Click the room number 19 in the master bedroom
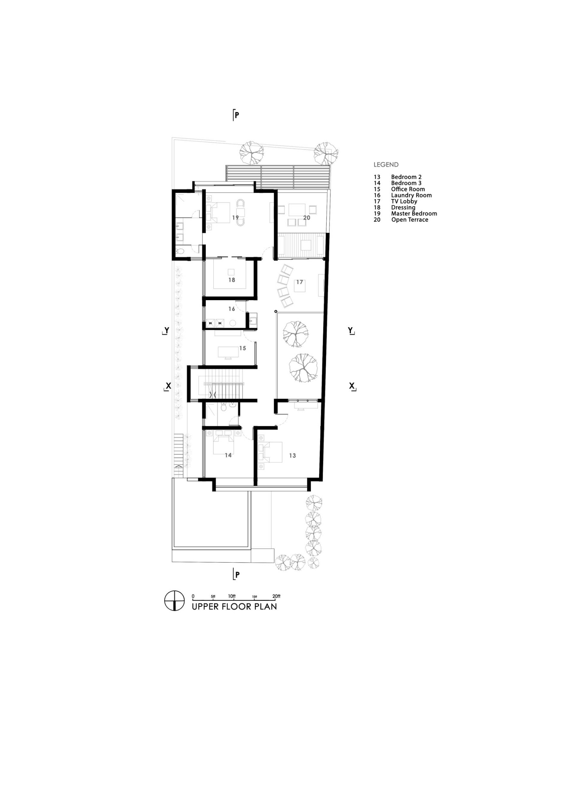click(235, 218)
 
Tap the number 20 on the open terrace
click(307, 218)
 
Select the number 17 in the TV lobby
click(300, 282)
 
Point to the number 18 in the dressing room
click(232, 280)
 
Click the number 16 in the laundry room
click(232, 309)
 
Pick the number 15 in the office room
click(242, 348)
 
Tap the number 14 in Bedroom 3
click(228, 455)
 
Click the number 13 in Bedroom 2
click(292, 456)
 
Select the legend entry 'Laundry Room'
click(411, 195)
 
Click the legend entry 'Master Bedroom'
click(414, 213)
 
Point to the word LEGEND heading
click(386, 165)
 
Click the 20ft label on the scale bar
click(276, 596)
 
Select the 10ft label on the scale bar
click(232, 596)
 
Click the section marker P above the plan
click(237, 115)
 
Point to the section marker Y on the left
click(166, 330)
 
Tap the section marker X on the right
click(352, 386)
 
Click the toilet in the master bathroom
click(180, 251)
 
